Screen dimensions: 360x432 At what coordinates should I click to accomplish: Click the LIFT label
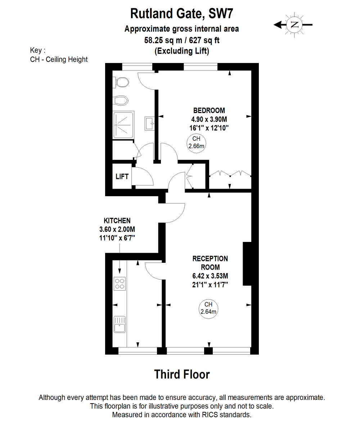(x=122, y=176)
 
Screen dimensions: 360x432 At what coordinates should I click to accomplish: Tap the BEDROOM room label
(x=209, y=111)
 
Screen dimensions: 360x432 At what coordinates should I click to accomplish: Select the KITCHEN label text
(x=117, y=221)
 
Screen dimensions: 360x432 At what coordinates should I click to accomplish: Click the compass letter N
(x=294, y=25)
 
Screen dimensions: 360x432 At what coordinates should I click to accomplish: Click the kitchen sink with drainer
(x=120, y=324)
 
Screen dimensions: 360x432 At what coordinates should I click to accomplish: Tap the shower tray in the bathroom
(x=123, y=125)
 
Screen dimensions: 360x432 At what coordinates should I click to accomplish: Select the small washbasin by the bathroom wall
(x=150, y=123)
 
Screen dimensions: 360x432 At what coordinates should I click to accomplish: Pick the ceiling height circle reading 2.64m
(x=208, y=309)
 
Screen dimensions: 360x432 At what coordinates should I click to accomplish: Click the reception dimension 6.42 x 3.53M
(x=210, y=276)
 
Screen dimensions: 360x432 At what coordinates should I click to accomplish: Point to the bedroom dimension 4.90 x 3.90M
(x=209, y=119)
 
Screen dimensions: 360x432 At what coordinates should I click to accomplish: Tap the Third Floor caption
(x=182, y=374)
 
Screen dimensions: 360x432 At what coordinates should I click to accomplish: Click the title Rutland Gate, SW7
(x=182, y=13)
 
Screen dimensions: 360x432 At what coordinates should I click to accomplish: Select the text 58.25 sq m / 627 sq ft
(x=182, y=40)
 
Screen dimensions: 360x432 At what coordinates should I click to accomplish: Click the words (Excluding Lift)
(x=182, y=51)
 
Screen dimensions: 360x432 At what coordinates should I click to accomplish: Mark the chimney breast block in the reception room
(x=247, y=264)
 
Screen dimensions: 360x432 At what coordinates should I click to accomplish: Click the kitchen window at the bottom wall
(x=138, y=351)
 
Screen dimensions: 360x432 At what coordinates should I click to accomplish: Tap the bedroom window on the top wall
(x=201, y=67)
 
